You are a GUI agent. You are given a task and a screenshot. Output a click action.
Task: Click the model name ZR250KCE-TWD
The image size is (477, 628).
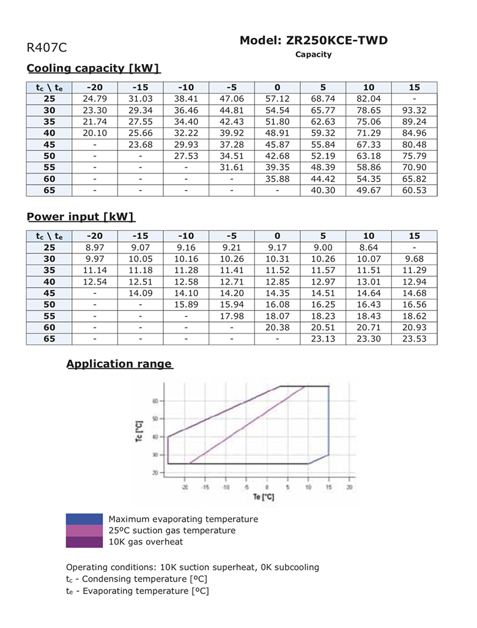point(337,40)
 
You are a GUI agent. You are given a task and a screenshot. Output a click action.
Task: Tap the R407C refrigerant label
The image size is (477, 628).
point(46,48)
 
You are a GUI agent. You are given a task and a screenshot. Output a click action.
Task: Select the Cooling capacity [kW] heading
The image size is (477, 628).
point(94,68)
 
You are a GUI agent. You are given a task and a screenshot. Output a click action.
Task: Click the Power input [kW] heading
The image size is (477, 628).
point(81,217)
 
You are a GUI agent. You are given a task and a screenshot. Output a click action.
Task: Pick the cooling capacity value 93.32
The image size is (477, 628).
point(414,111)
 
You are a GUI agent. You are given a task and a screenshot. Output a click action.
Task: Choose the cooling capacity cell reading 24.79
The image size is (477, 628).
point(95,99)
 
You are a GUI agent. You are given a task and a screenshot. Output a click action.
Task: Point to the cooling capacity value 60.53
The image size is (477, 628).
point(414,191)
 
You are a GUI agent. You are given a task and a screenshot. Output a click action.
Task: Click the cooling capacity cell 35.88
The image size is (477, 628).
point(277,179)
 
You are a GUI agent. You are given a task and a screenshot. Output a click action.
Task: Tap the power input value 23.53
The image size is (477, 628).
point(414,339)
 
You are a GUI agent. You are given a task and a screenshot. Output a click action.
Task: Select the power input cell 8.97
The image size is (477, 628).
point(95,247)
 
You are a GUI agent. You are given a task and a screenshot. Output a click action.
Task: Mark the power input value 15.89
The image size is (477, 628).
point(186,305)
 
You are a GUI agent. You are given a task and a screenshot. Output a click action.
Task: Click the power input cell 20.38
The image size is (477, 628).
point(277,327)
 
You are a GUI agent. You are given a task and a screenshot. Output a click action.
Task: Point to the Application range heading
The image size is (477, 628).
point(119,363)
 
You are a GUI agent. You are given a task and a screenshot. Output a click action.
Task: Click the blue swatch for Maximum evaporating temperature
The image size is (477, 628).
point(84,519)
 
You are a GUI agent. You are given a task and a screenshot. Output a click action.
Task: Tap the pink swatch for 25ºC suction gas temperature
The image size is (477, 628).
point(84,530)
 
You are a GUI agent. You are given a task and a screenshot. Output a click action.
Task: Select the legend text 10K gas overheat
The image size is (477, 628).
point(146,542)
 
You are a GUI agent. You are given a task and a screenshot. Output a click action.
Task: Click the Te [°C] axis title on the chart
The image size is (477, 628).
point(264,497)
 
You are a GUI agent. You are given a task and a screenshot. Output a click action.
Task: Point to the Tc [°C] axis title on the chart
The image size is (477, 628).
point(139,431)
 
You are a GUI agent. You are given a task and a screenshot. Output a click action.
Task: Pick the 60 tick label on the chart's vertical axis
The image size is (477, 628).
point(155,401)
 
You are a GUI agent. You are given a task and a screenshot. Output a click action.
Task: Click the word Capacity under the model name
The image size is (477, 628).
point(314,54)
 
